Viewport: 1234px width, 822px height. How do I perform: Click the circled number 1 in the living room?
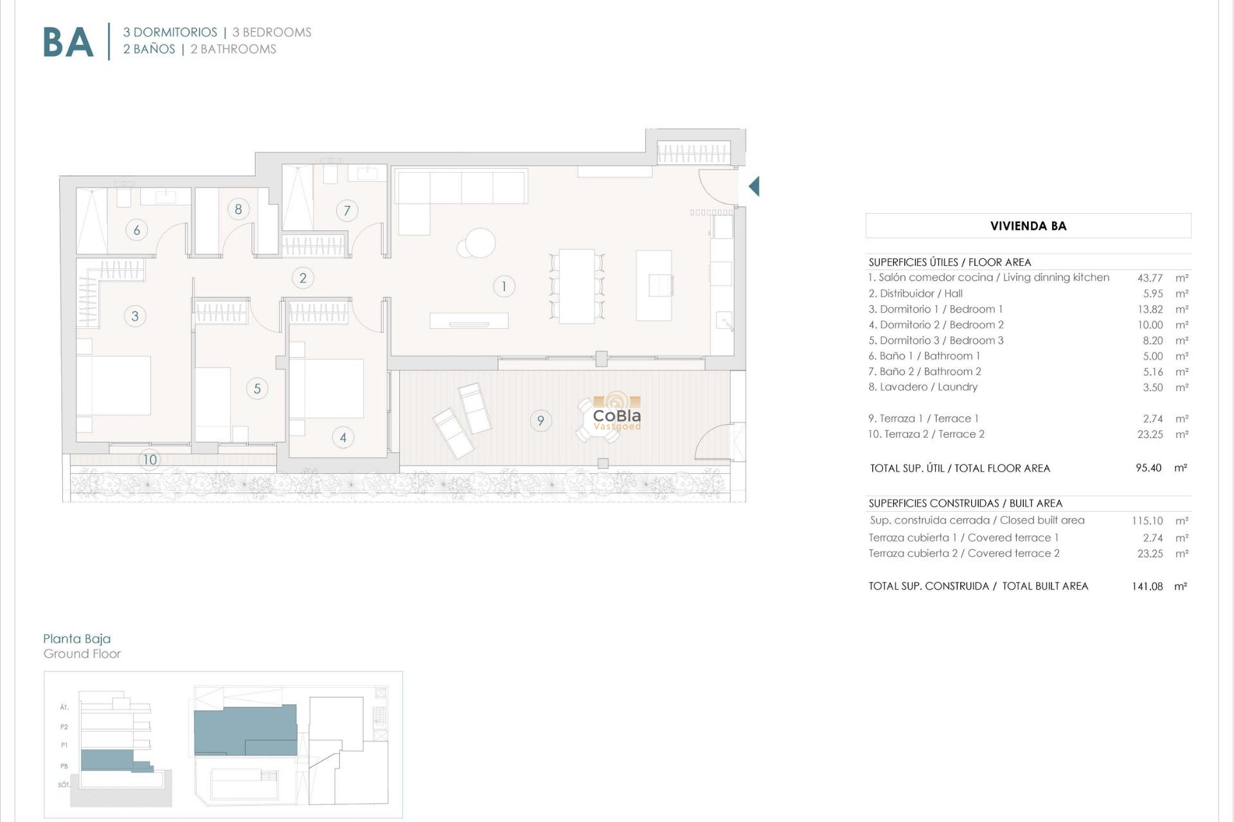[504, 286]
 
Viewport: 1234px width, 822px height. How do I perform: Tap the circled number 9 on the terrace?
[541, 421]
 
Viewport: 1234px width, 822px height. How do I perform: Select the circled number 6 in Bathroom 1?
[136, 230]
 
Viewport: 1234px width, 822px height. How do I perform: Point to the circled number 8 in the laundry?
[238, 209]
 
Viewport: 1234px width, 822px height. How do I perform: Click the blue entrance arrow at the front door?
[755, 186]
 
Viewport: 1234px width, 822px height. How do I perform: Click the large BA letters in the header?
[68, 42]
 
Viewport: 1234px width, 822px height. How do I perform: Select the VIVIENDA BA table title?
[1028, 226]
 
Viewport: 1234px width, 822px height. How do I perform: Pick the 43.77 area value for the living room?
[1150, 278]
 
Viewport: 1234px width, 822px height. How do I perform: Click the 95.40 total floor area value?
[1149, 468]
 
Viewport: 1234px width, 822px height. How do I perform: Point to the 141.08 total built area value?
[1147, 586]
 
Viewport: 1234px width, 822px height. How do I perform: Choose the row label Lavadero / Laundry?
[923, 387]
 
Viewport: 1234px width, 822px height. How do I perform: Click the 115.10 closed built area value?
[1147, 521]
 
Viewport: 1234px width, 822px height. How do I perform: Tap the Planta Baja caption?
[77, 639]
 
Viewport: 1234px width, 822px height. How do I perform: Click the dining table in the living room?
[577, 286]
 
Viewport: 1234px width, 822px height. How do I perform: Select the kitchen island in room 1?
[654, 285]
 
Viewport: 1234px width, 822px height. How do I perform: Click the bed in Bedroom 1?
[114, 385]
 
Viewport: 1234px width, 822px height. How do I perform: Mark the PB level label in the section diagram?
[64, 766]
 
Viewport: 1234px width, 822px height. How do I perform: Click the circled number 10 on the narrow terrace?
[150, 460]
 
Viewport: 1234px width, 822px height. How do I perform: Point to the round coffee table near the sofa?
[480, 243]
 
